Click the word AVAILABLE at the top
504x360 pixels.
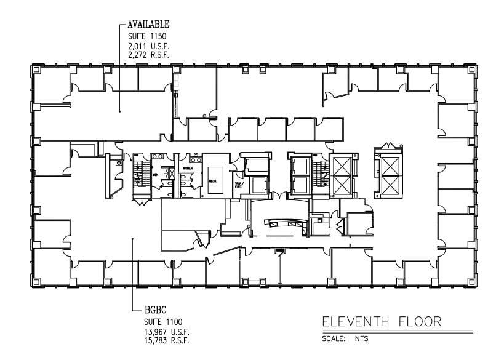[148, 25]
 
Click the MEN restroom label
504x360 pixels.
[156, 174]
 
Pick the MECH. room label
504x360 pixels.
[212, 181]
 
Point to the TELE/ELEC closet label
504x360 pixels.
[239, 185]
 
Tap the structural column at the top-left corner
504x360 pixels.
[36, 70]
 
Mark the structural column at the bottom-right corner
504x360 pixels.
[470, 282]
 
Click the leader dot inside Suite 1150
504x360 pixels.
[119, 111]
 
